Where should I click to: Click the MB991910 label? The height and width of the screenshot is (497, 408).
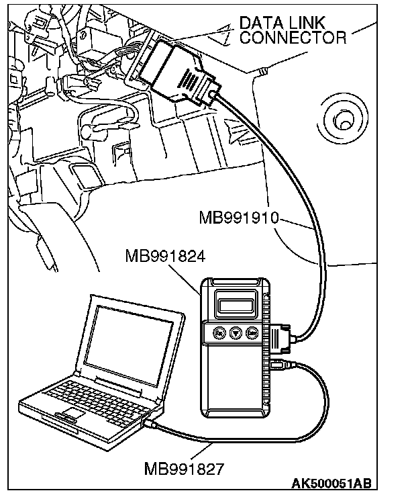tap(239, 218)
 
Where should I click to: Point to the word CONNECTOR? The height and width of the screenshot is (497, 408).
tap(293, 38)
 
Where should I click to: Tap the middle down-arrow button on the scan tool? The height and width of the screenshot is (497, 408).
tap(235, 332)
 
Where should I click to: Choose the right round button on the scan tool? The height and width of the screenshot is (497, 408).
tap(252, 332)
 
